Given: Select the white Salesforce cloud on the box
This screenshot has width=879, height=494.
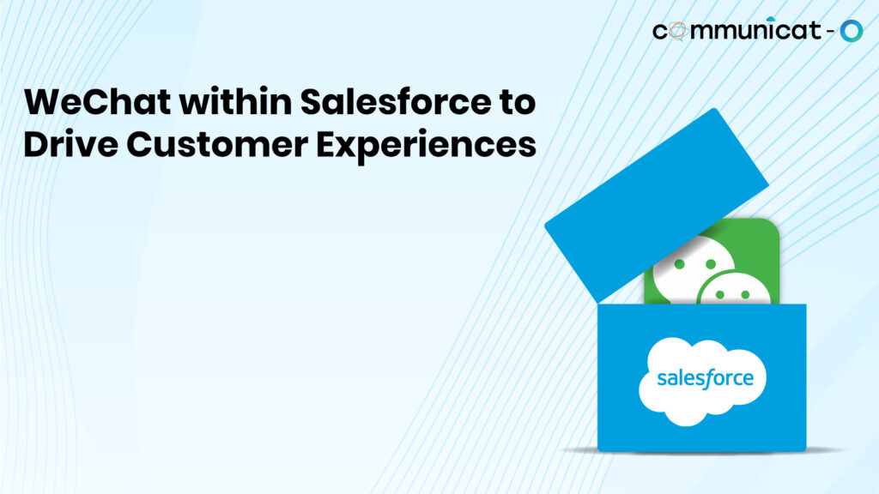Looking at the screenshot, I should [702, 382].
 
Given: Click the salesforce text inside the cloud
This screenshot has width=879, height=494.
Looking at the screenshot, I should [705, 377].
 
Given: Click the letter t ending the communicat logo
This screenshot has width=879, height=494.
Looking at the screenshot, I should [811, 32].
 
